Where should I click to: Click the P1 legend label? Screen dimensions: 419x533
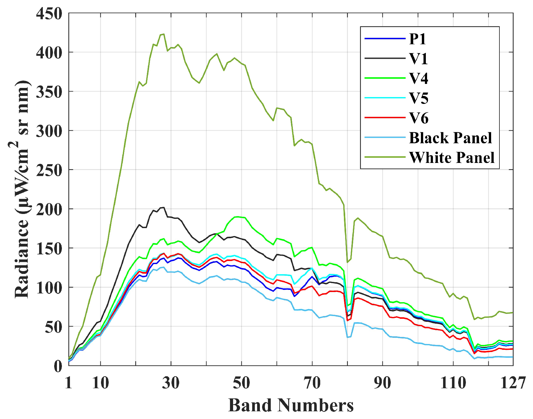coord(418,39)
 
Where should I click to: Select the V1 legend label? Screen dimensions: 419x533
coord(418,58)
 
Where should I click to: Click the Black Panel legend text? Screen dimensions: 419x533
coord(450,138)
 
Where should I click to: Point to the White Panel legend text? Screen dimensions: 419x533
coord(452,157)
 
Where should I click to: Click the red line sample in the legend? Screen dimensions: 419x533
coord(385,118)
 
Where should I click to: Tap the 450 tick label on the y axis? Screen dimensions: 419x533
coord(49,14)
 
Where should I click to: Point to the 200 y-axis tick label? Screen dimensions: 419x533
coord(49,209)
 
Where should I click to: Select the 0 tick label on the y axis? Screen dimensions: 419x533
coord(58,366)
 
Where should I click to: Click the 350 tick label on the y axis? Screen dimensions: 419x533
coord(49,92)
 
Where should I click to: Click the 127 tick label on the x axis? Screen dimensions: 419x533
coord(513,383)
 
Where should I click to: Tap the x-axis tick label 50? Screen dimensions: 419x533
coord(241,383)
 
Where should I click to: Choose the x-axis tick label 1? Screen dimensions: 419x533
coord(69,383)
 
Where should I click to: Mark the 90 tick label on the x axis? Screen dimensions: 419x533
coord(382,383)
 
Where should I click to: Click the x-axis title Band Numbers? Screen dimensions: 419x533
coord(291,405)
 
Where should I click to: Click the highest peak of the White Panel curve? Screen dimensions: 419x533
coord(164,34)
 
